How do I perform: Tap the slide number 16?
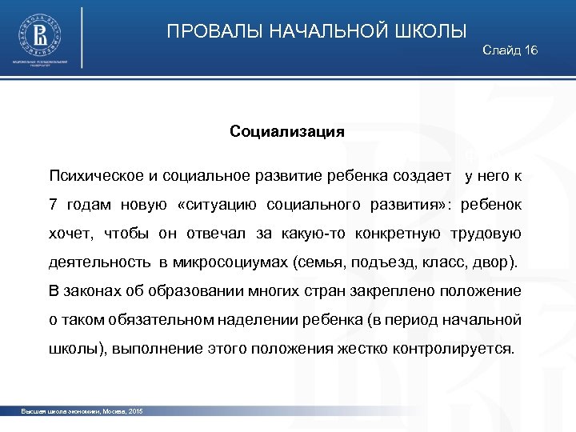tap(531, 51)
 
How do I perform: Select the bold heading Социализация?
tap(287, 131)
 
